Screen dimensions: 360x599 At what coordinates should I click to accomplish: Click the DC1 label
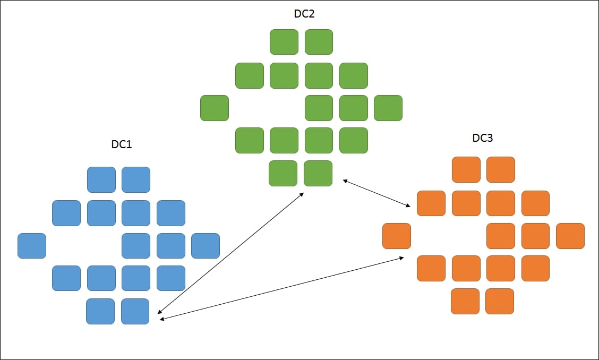tap(122, 144)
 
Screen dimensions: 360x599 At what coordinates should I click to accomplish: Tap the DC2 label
tap(304, 14)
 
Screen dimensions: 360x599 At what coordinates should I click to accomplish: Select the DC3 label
tap(483, 138)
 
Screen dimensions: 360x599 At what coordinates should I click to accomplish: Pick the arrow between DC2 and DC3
tap(377, 193)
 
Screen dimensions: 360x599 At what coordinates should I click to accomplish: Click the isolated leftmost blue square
tap(32, 246)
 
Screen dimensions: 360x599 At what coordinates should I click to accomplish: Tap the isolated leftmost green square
tap(215, 108)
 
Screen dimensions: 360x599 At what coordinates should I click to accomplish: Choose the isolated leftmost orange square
tap(397, 236)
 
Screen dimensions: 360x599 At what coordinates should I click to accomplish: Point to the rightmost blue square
tap(206, 246)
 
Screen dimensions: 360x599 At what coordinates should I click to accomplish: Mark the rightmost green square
tap(388, 108)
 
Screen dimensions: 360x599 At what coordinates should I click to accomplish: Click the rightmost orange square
tap(570, 236)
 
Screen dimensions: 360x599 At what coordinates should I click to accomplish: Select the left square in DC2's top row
tap(284, 42)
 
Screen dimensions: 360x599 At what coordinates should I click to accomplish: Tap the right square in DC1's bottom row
tap(135, 311)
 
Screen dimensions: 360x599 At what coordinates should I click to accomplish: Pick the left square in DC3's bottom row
tap(465, 301)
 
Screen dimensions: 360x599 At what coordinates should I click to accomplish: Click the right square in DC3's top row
tap(501, 170)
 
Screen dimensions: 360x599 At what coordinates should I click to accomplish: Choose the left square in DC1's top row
tap(101, 179)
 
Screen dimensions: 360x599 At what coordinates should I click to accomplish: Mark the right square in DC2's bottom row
tap(318, 173)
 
